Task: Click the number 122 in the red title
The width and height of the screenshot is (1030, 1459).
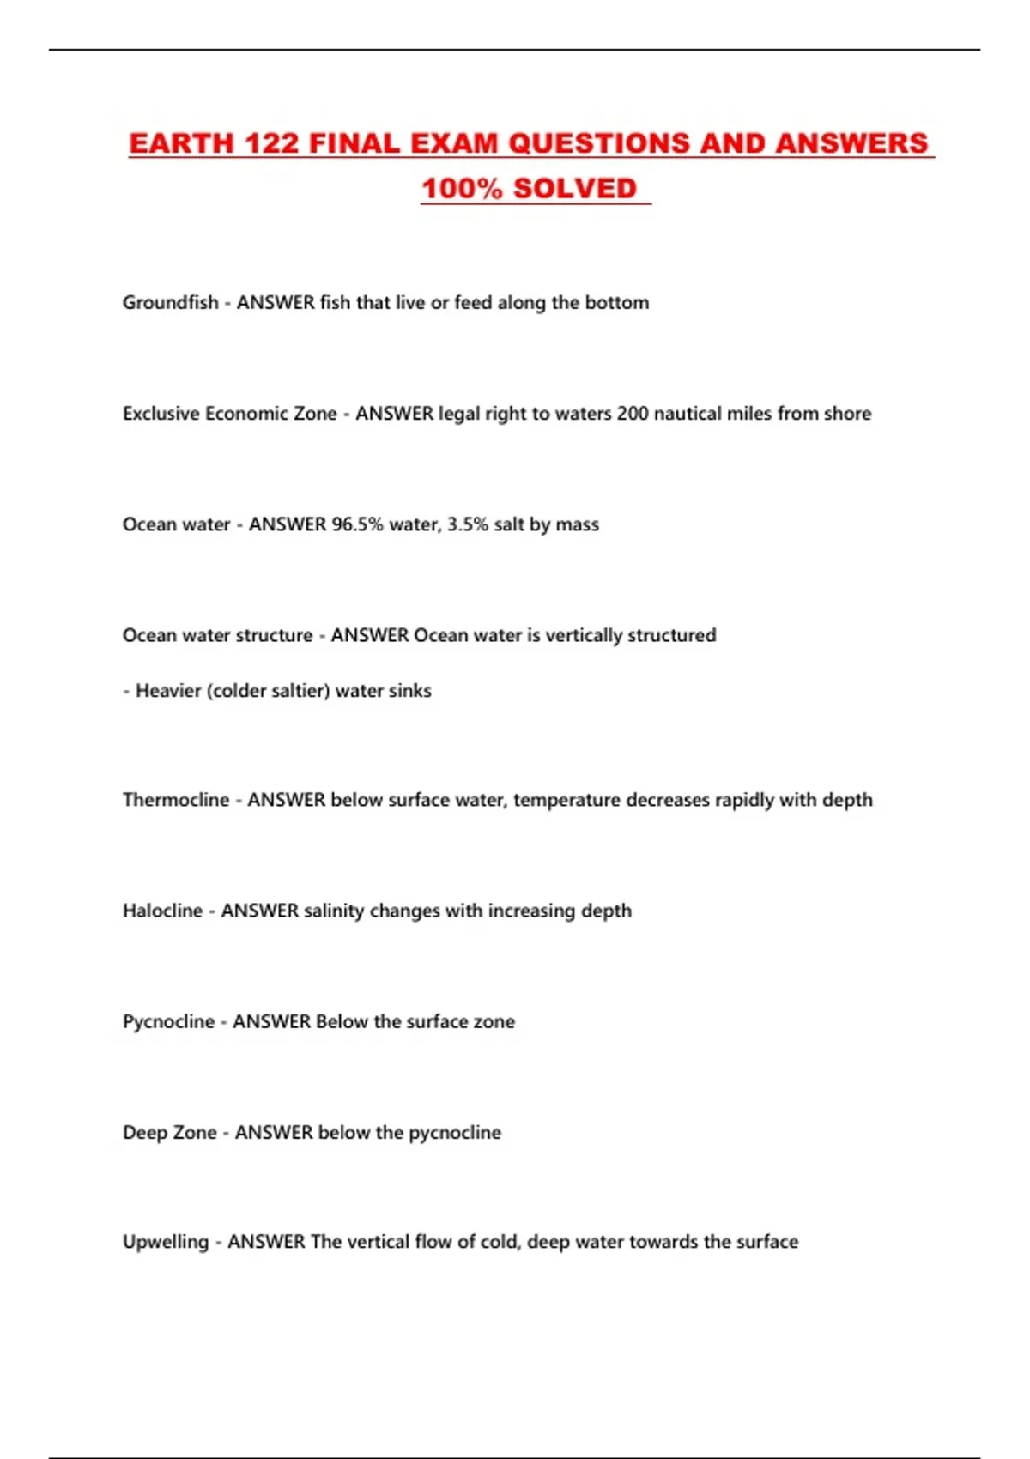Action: click(271, 143)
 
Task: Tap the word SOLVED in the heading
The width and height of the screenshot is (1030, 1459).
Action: click(574, 189)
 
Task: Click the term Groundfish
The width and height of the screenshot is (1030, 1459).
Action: click(170, 302)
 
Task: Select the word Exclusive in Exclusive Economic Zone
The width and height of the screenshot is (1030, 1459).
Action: click(161, 413)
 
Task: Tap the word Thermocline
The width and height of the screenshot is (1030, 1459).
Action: click(176, 799)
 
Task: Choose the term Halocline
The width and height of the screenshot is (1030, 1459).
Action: click(162, 910)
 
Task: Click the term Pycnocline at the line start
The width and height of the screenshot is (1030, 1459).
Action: click(168, 1021)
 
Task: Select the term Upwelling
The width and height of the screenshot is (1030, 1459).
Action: click(166, 1241)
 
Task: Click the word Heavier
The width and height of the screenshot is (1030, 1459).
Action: click(168, 690)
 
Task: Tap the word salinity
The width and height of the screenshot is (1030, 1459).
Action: click(334, 910)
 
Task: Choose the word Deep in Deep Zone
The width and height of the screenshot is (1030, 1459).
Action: click(144, 1132)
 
